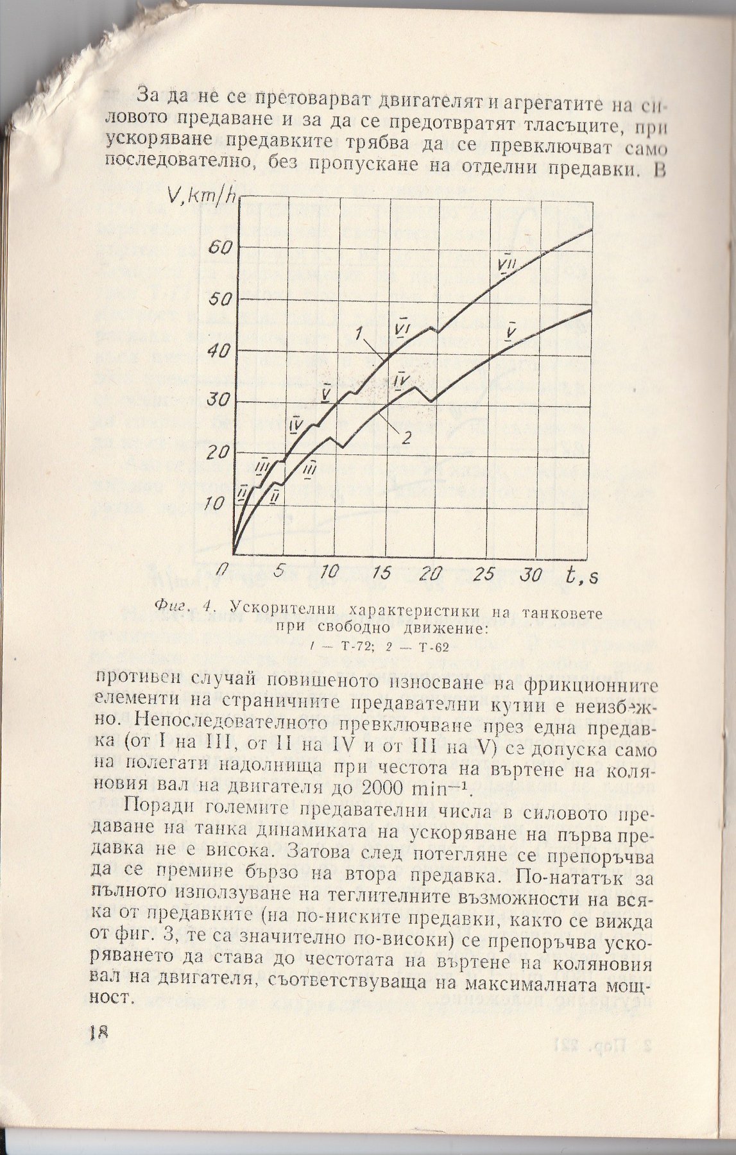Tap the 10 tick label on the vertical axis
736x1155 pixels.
click(217, 504)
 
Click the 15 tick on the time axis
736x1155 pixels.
click(381, 573)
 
